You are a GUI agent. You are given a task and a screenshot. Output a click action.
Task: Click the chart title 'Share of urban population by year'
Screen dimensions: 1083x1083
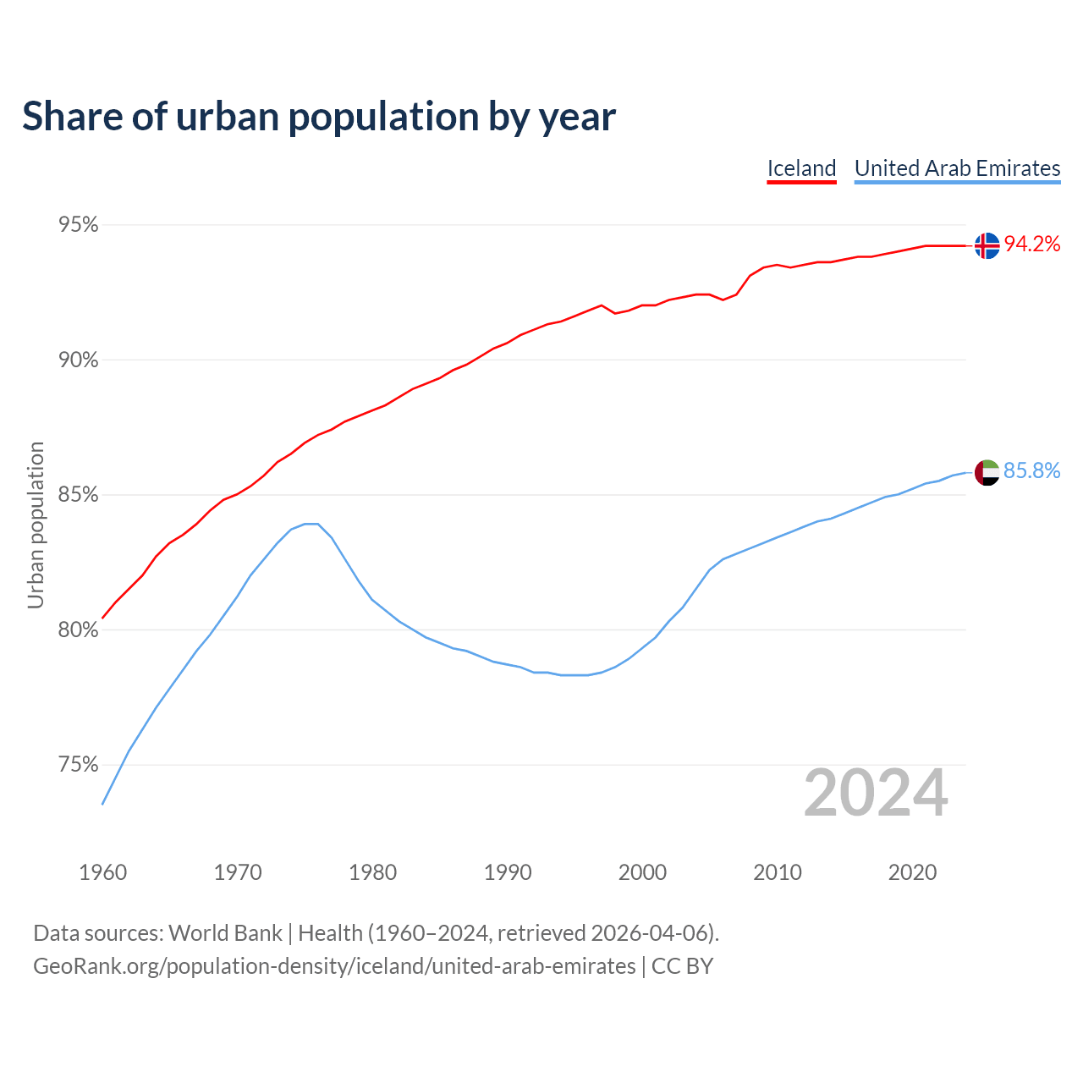[319, 117]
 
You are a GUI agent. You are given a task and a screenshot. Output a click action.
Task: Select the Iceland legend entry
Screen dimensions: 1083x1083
[801, 168]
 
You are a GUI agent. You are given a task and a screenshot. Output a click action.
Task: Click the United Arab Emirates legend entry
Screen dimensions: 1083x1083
[957, 168]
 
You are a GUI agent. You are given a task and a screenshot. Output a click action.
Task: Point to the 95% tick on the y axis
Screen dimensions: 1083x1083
[78, 225]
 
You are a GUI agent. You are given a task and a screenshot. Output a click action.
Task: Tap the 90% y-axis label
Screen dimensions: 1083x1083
[78, 360]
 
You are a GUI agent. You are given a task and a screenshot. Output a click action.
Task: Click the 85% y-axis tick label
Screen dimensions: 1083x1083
[78, 495]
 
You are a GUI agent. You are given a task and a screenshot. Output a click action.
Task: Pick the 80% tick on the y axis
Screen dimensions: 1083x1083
[78, 630]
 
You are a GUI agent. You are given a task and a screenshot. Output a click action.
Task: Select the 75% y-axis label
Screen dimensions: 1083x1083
[78, 765]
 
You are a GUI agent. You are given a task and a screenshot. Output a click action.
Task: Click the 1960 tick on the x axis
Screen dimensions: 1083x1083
[102, 872]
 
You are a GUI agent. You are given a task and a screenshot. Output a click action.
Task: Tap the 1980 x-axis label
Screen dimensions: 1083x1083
[372, 872]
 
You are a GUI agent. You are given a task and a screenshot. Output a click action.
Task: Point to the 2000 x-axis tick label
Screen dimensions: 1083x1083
[642, 872]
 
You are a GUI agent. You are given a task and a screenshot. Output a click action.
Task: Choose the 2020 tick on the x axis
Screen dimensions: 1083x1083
[912, 872]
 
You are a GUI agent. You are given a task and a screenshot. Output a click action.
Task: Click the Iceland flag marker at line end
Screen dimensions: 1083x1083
[987, 245]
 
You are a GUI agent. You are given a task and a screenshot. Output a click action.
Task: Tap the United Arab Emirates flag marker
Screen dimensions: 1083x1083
[987, 472]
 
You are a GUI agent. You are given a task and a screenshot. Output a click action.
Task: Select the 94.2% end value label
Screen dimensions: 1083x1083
[1031, 245]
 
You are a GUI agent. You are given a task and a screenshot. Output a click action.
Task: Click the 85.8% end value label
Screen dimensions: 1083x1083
[1031, 471]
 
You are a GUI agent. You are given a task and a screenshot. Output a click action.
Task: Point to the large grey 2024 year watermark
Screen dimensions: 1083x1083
[876, 793]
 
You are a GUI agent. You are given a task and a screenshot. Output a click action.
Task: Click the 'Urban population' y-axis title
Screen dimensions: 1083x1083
[36, 525]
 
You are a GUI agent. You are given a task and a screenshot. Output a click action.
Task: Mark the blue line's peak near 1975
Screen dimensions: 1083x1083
[311, 524]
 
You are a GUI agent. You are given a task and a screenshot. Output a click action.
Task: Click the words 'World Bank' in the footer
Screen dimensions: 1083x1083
[225, 933]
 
